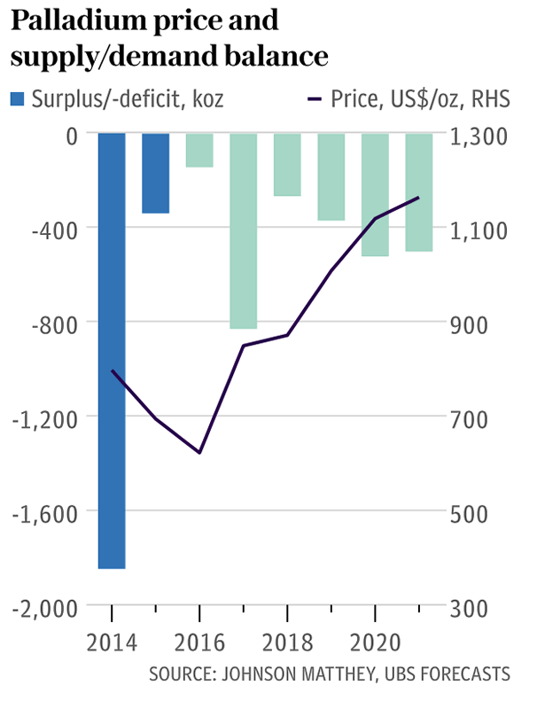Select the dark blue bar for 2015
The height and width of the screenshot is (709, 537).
[x=155, y=173]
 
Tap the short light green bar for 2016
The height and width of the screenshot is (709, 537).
[x=199, y=150]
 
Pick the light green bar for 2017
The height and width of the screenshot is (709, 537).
[x=244, y=230]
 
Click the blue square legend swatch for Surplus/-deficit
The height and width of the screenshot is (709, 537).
[x=18, y=98]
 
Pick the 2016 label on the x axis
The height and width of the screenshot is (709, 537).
[x=199, y=640]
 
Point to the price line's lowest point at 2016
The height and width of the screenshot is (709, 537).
[x=199, y=453]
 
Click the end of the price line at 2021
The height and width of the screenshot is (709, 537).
[x=419, y=198]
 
